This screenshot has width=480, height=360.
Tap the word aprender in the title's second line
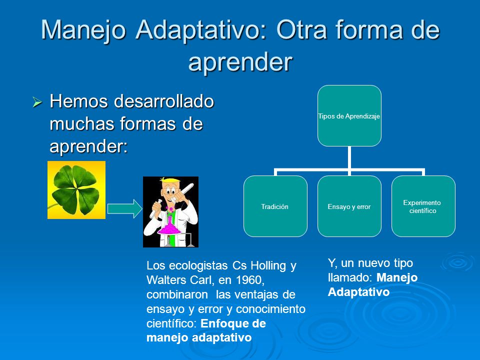pos(240,62)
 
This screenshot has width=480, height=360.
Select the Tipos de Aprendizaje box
pos(349,115)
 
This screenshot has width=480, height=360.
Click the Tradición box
pos(275,206)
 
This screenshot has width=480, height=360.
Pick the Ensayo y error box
pos(349,206)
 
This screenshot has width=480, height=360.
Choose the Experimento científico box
pos(423,206)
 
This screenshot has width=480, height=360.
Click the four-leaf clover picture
pos(76,190)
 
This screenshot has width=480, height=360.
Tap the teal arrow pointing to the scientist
pos(124,209)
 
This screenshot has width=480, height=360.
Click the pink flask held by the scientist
pos(169,228)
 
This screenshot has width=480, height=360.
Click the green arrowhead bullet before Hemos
pos(37,102)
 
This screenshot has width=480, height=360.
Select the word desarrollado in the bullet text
pos(164,101)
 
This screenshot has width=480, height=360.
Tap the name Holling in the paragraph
pos(268,265)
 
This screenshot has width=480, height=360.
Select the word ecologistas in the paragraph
pos(198,265)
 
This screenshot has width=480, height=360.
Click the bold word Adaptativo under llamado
pos(358,291)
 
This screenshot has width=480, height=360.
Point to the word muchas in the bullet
pos(82,123)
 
